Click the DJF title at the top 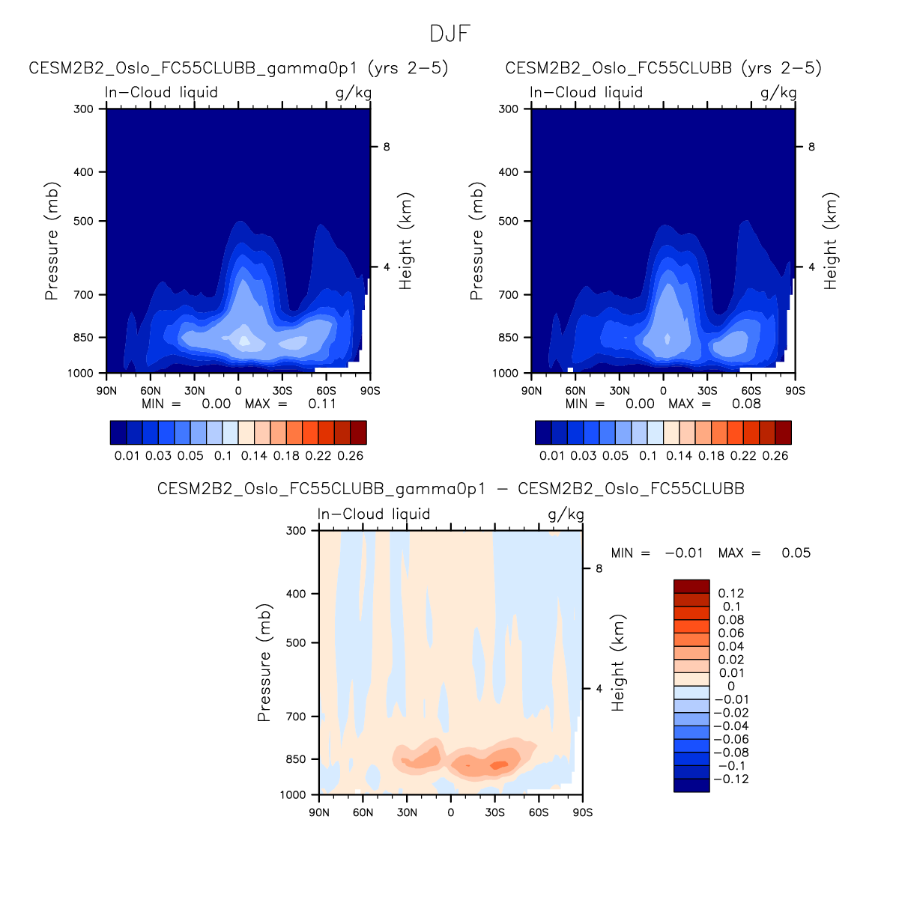(x=450, y=34)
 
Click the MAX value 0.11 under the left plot (x=322, y=404)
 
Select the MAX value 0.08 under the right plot (x=746, y=404)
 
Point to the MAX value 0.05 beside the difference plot (x=796, y=553)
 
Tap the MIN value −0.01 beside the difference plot (x=683, y=553)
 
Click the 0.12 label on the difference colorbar (x=731, y=593)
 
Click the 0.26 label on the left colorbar (x=351, y=455)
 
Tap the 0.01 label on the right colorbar (x=552, y=455)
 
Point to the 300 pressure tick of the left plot (x=84, y=109)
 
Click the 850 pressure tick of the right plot (x=509, y=338)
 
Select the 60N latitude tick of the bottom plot (x=363, y=812)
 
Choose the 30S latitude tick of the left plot (x=282, y=391)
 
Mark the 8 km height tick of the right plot (x=811, y=147)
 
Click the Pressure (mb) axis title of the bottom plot (x=264, y=663)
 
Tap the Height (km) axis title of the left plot (x=406, y=241)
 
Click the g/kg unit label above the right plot (x=778, y=92)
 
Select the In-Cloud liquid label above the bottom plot (x=374, y=514)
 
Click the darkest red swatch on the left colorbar (x=358, y=433)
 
